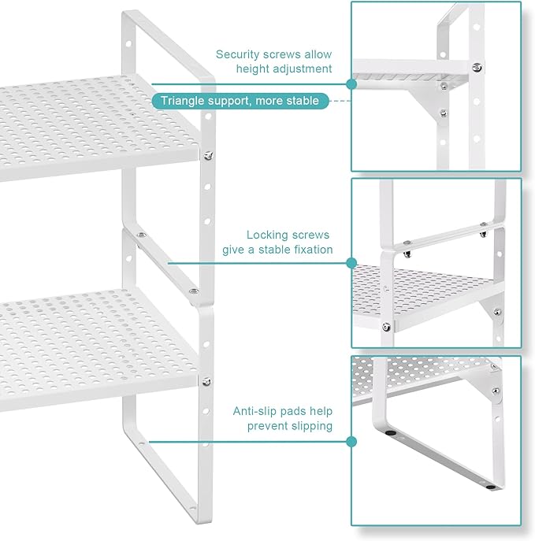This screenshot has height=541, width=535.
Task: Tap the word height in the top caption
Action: point(254,69)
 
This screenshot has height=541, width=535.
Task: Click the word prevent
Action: point(266,426)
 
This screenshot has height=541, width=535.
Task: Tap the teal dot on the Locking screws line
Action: point(351,263)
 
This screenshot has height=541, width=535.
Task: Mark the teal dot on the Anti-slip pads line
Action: point(351,442)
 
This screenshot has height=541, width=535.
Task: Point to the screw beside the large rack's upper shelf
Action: point(207,155)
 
